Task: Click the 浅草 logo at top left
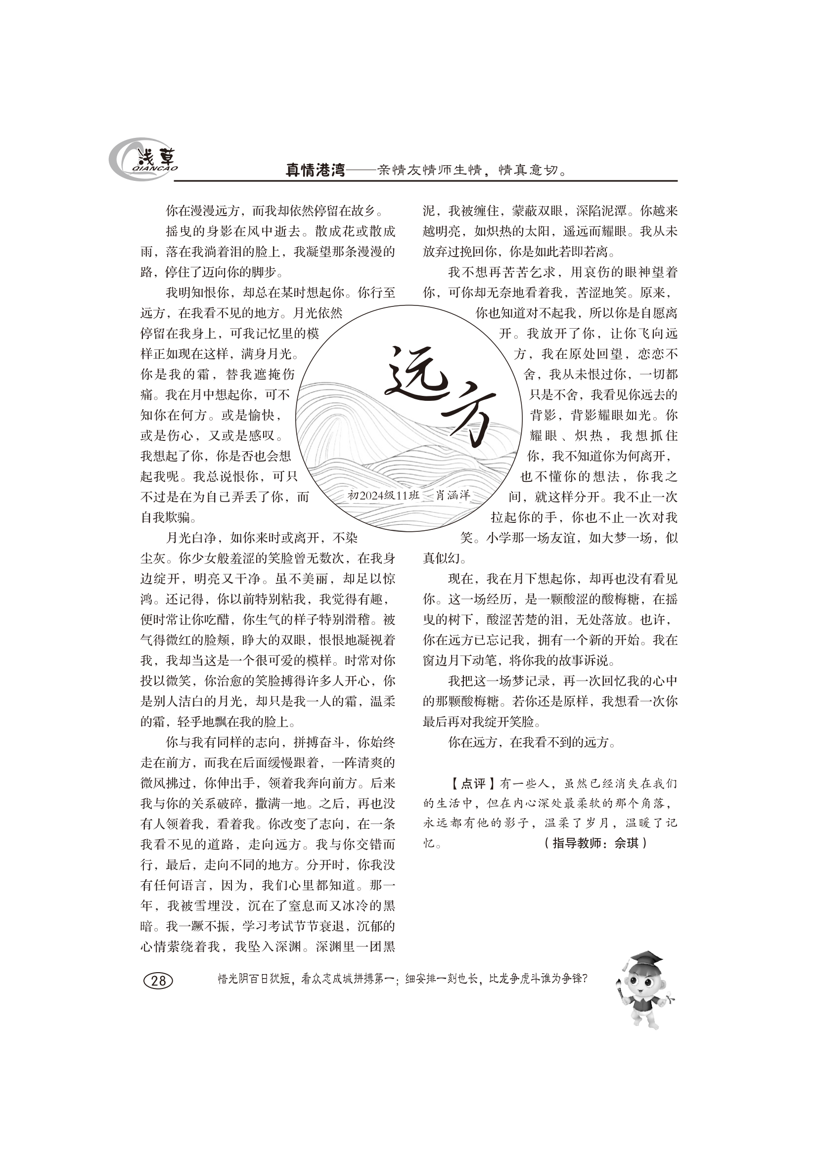143,160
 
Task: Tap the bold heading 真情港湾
315,171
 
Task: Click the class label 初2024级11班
383,495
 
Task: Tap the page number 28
158,980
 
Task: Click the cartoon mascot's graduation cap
646,958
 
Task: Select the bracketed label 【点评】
467,784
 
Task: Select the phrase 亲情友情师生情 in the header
427,171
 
